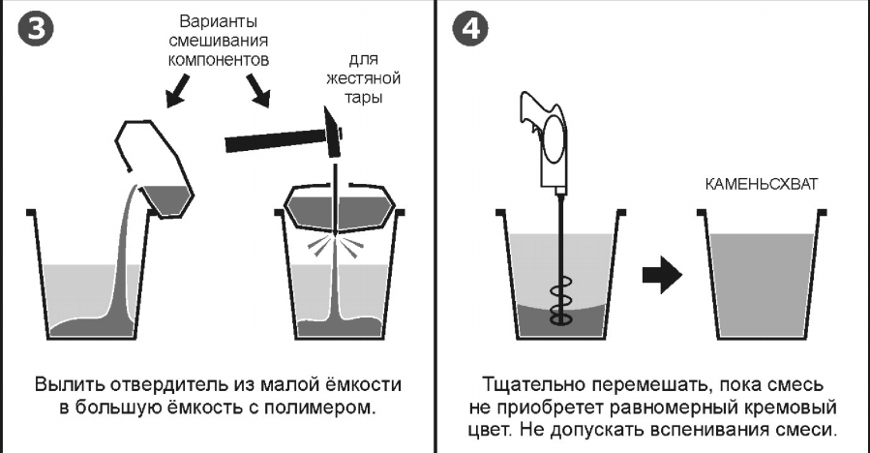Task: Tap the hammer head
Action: click(x=331, y=134)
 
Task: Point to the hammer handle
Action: click(x=270, y=142)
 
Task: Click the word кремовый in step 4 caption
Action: click(x=792, y=407)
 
